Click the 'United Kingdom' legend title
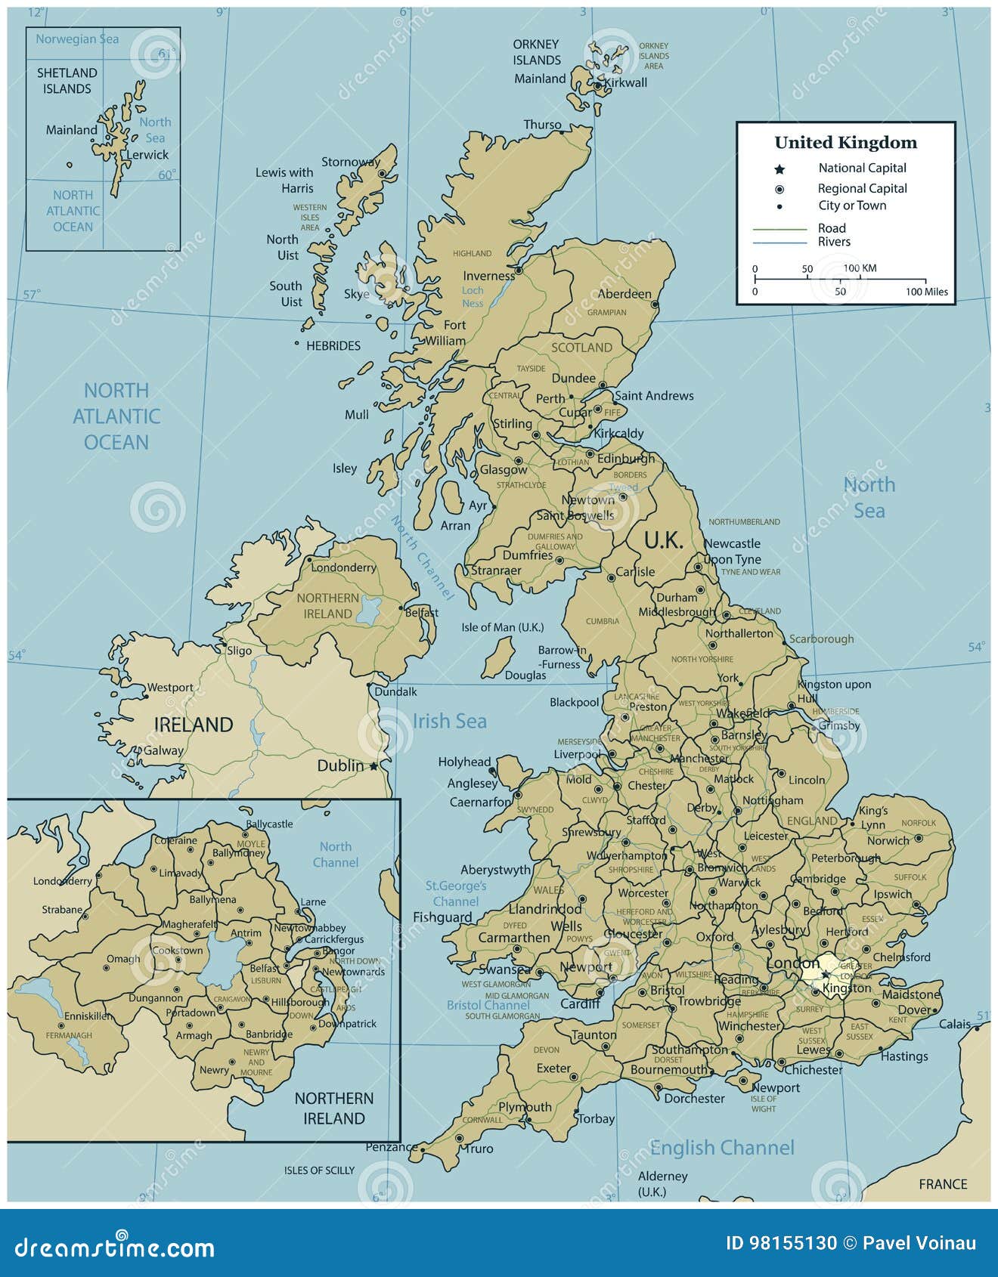pyautogui.click(x=845, y=143)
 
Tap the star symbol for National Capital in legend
pyautogui.click(x=779, y=169)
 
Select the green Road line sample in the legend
pyautogui.click(x=779, y=228)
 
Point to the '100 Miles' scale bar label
pyautogui.click(x=926, y=292)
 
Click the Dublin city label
pyautogui.click(x=340, y=765)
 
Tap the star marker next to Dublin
pyautogui.click(x=373, y=766)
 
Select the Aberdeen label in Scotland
pyautogui.click(x=625, y=294)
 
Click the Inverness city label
pyautogui.click(x=488, y=276)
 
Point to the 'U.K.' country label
pyautogui.click(x=663, y=540)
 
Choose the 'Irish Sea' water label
pyautogui.click(x=449, y=721)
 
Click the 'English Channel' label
pyautogui.click(x=722, y=1148)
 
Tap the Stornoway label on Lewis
pyautogui.click(x=351, y=162)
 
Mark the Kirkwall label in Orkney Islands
pyautogui.click(x=625, y=82)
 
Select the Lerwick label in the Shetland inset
pyautogui.click(x=147, y=155)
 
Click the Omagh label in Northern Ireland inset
pyautogui.click(x=123, y=959)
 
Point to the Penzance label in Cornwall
pyautogui.click(x=392, y=1147)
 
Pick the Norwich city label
pyautogui.click(x=888, y=840)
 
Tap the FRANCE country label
pyautogui.click(x=943, y=1184)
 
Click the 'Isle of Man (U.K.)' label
pyautogui.click(x=502, y=627)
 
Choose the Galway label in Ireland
pyautogui.click(x=163, y=750)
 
